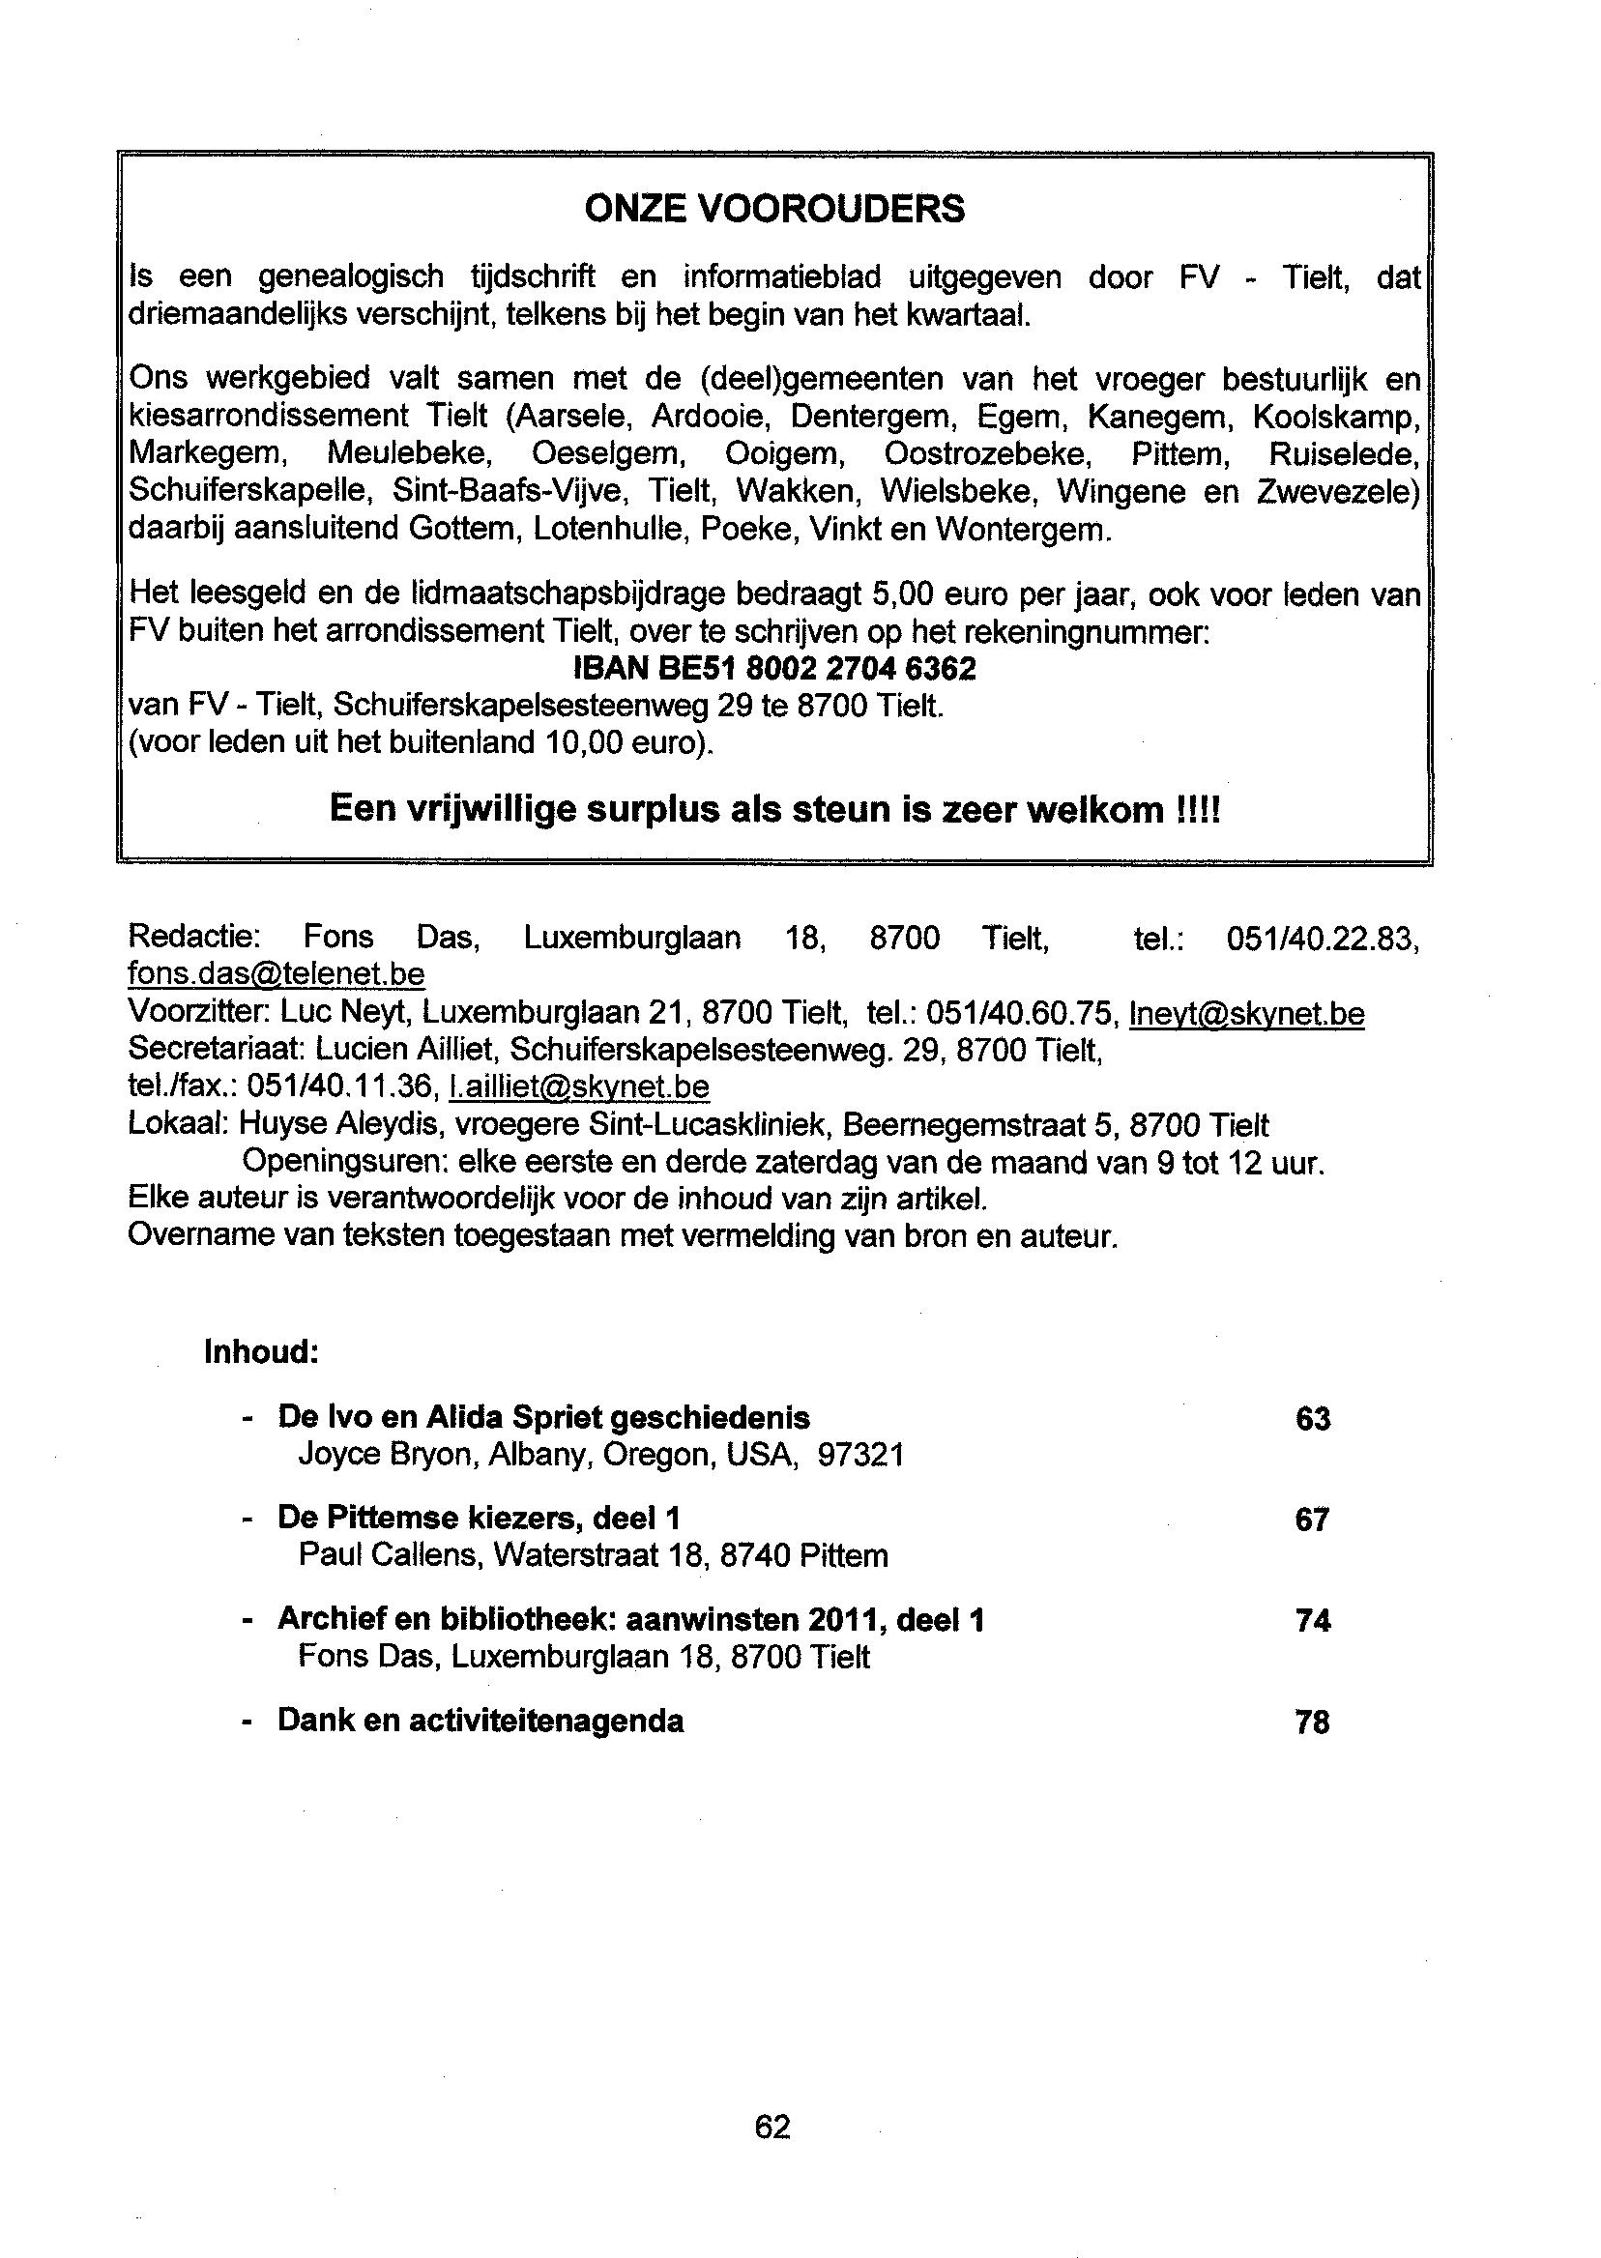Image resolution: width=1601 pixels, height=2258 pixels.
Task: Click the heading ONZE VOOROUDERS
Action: click(x=773, y=209)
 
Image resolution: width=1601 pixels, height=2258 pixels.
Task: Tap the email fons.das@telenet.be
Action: click(x=277, y=973)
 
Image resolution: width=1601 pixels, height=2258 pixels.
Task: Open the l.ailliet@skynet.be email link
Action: click(x=579, y=1086)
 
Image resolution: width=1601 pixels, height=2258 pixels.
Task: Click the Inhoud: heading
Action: click(x=261, y=1351)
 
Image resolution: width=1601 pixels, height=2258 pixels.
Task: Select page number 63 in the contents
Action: click(x=1312, y=1418)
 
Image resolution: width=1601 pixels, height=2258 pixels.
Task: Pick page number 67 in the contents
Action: click(x=1312, y=1519)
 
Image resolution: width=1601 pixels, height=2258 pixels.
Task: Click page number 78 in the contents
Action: click(x=1312, y=1721)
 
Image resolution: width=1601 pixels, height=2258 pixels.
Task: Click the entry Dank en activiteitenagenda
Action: click(x=480, y=1720)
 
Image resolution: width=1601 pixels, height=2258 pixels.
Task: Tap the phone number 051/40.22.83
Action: click(x=1321, y=938)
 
